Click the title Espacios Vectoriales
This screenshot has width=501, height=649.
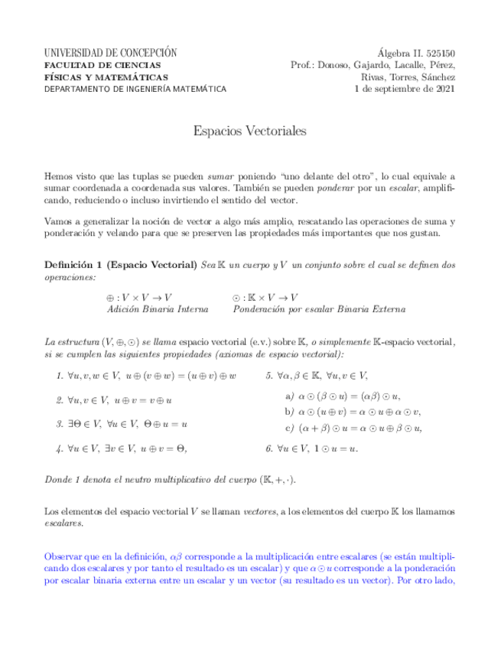click(x=250, y=132)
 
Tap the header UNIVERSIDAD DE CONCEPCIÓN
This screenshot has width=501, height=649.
click(x=111, y=53)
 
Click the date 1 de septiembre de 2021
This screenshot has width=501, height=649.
click(x=405, y=89)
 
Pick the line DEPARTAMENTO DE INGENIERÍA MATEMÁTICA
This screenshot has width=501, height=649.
click(x=135, y=89)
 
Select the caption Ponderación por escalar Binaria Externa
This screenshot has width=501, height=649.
click(x=319, y=309)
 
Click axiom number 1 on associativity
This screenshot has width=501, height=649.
click(x=145, y=376)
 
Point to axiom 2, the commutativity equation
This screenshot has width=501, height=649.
click(x=115, y=400)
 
